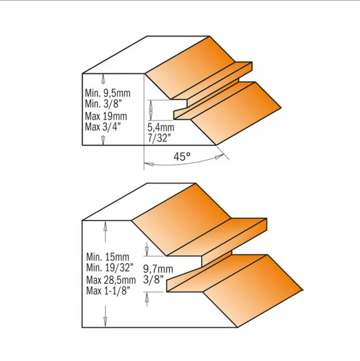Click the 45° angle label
[x=182, y=157]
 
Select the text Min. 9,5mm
[x=107, y=93]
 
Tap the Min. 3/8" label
[x=102, y=104]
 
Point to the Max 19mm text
[x=106, y=116]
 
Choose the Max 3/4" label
[x=103, y=127]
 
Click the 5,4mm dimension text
[x=160, y=127]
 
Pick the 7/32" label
[x=159, y=138]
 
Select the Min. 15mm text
[x=107, y=256]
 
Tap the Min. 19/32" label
[x=110, y=267]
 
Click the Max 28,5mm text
[x=111, y=280]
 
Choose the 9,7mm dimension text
[x=158, y=269]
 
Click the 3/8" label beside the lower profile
[x=153, y=280]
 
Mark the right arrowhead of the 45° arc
[x=220, y=156]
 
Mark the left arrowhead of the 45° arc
[x=149, y=164]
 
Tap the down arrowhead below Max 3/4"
[x=103, y=140]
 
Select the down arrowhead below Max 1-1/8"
[x=105, y=321]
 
